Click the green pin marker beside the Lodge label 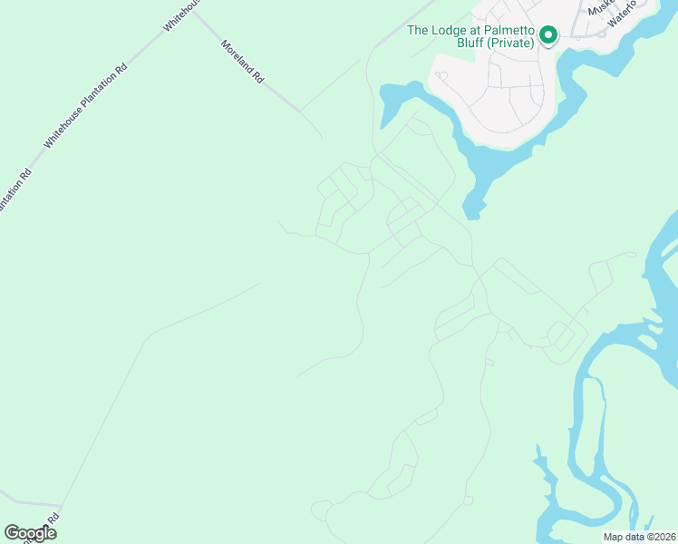click(x=547, y=35)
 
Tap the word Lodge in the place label click(x=448, y=30)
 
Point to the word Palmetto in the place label click(x=507, y=30)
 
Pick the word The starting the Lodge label click(x=418, y=30)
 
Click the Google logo click(x=30, y=533)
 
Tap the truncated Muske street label click(x=601, y=8)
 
